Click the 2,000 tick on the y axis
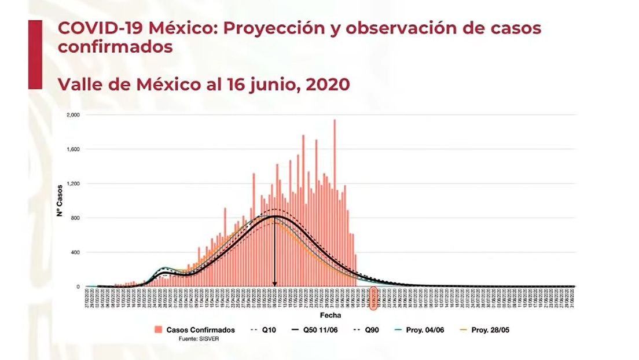(74, 115)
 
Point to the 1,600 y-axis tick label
(74, 149)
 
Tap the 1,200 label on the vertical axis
(74, 184)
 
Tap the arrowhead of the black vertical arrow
(274, 284)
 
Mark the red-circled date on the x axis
(374, 296)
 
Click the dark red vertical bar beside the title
(35, 54)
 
